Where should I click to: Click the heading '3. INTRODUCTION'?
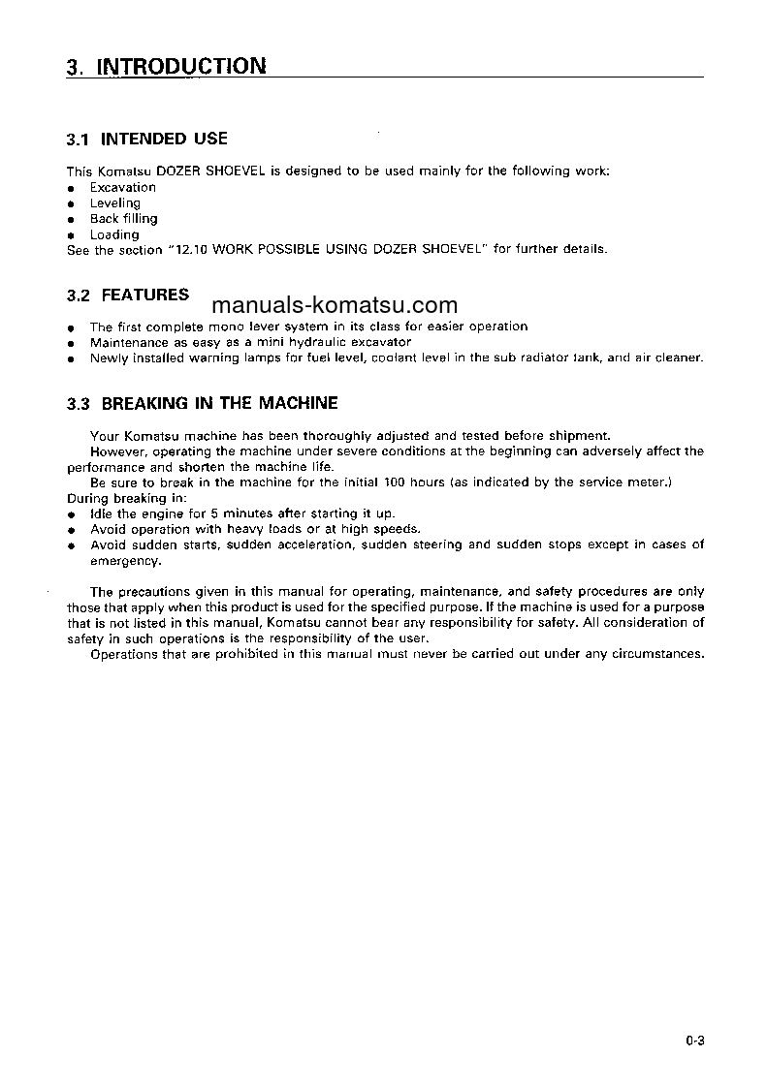(x=166, y=67)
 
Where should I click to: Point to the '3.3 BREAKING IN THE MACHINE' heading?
(x=202, y=403)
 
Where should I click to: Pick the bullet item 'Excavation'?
(x=122, y=187)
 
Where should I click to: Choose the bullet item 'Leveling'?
(x=114, y=203)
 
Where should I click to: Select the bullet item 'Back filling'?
(x=123, y=219)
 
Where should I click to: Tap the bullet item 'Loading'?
(x=114, y=234)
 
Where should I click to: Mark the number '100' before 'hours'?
(x=396, y=482)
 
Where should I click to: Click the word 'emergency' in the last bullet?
(x=124, y=561)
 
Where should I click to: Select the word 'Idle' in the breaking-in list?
(x=101, y=513)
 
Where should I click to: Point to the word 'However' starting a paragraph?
(x=117, y=451)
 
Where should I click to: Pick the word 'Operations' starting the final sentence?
(x=123, y=654)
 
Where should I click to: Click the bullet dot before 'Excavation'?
(x=71, y=188)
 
